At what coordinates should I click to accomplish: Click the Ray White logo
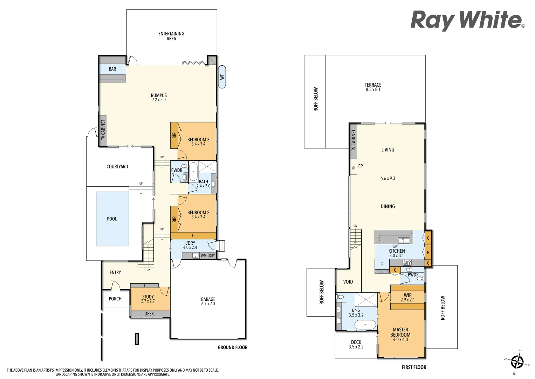tap(467, 20)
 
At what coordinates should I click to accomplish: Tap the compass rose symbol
tap(517, 362)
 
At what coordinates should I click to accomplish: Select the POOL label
tap(112, 219)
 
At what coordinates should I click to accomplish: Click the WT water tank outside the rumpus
tap(222, 77)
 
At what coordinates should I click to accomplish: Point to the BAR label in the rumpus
tap(112, 69)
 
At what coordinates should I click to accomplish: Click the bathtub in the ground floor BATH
tap(193, 172)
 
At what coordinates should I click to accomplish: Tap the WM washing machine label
tap(204, 256)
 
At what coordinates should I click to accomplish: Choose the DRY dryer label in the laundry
tap(212, 256)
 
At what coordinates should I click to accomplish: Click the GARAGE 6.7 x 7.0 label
tap(208, 301)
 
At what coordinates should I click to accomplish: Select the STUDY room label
tap(148, 297)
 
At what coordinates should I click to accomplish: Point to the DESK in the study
tap(149, 314)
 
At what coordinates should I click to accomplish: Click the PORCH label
tap(115, 299)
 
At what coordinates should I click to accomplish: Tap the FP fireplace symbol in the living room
tap(354, 168)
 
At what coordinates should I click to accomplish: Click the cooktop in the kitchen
tap(407, 262)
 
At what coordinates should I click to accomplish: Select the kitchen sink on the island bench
tap(403, 240)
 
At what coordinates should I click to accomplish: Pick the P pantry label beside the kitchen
tap(428, 252)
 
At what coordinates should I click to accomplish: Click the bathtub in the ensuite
tap(365, 325)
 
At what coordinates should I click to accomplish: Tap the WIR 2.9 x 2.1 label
tap(407, 298)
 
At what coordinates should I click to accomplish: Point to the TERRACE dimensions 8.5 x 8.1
tap(373, 90)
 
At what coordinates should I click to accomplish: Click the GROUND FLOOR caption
tap(232, 347)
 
